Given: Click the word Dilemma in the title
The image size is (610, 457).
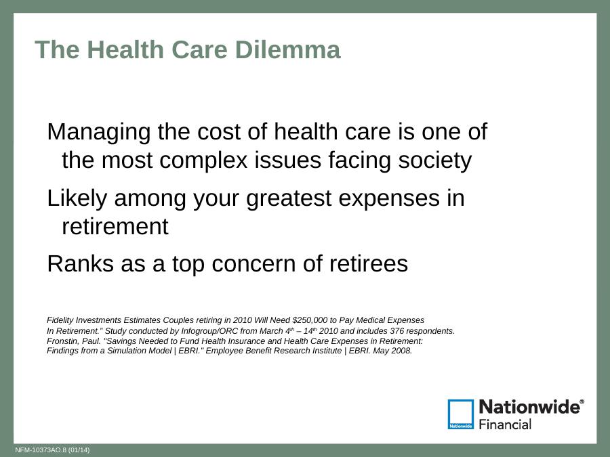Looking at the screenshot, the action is [x=287, y=49].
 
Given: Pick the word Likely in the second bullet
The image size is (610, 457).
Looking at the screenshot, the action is [x=77, y=199].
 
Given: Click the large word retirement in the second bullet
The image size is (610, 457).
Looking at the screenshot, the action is [x=115, y=226].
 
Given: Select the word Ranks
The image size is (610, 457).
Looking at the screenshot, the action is [x=80, y=263].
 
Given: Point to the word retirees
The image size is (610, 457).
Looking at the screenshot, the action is [x=369, y=263].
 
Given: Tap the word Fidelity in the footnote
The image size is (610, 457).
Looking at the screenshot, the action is [x=60, y=320].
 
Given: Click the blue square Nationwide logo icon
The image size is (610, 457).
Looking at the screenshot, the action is [x=461, y=414].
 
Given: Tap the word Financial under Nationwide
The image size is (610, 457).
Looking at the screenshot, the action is [x=505, y=425].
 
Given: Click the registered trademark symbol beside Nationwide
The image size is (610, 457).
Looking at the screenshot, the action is [x=582, y=401].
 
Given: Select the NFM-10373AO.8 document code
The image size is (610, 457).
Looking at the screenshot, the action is [x=41, y=450].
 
